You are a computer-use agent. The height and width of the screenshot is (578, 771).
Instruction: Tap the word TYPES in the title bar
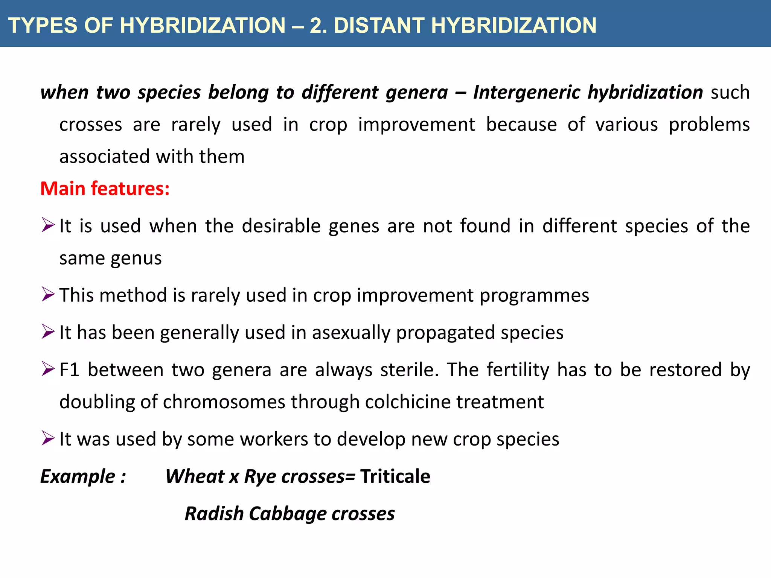[x=43, y=26]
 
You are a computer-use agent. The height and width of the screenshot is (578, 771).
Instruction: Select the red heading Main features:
[x=105, y=189]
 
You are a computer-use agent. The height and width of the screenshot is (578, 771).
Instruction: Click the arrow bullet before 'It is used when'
[x=48, y=225]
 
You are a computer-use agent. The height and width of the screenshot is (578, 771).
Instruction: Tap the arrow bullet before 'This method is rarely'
[x=48, y=294]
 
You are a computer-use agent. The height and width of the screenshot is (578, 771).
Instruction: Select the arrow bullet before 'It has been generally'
[x=48, y=332]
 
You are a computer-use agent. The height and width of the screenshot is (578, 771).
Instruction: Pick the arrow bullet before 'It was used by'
[x=48, y=438]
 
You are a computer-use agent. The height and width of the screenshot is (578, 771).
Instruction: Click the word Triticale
[x=395, y=476]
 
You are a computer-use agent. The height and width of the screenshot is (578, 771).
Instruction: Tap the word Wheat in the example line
[x=195, y=476]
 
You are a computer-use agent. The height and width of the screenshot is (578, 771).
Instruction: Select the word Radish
[x=214, y=514]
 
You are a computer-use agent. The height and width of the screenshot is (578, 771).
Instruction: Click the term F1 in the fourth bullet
[x=69, y=370]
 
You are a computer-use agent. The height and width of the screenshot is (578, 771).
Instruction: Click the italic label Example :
[x=83, y=477]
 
